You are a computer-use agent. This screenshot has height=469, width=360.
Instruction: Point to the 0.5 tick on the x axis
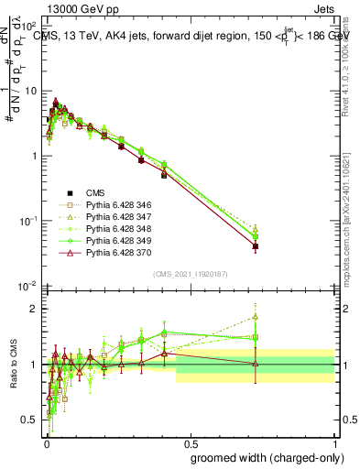(x=190, y=442)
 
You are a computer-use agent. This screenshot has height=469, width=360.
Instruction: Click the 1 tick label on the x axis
(x=334, y=442)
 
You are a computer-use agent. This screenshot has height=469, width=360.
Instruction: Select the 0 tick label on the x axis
(x=46, y=442)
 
